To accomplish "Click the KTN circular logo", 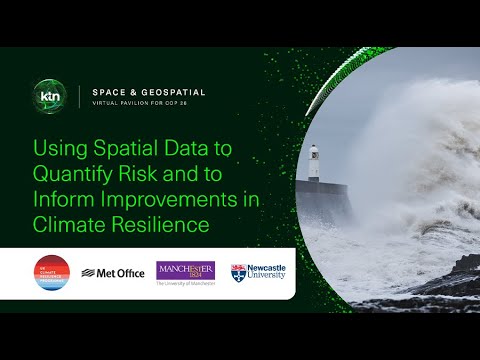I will pyautogui.click(x=49, y=96).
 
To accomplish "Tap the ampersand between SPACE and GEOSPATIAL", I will pyautogui.click(x=137, y=92).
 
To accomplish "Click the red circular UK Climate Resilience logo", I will pyautogui.click(x=51, y=272).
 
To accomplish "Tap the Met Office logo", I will pyautogui.click(x=113, y=272).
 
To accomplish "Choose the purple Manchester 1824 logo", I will pyautogui.click(x=185, y=271).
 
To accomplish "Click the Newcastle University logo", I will pyautogui.click(x=258, y=272).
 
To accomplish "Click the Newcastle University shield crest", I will pyautogui.click(x=238, y=272).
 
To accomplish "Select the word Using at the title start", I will pyautogui.click(x=59, y=149).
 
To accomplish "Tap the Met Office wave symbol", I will pyautogui.click(x=88, y=272).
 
